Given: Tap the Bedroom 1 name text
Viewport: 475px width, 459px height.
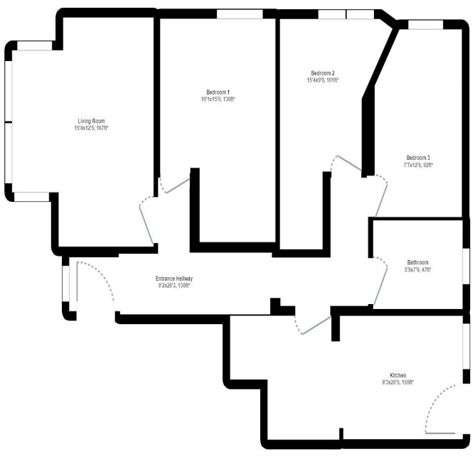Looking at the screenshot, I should tap(218, 92).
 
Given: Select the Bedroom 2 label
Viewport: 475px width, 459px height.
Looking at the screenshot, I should tap(322, 73).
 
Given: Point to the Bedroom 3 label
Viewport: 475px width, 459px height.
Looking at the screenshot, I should tap(418, 158).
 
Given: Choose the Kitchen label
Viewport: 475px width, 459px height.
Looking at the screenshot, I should tap(397, 375).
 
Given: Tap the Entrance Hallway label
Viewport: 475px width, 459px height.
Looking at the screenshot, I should tap(174, 279).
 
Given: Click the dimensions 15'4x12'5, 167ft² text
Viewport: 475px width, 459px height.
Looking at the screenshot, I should tap(92, 129).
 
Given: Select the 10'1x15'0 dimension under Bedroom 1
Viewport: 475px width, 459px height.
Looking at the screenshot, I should tap(218, 99).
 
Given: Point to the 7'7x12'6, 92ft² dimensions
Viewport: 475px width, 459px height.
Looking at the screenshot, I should tap(418, 165).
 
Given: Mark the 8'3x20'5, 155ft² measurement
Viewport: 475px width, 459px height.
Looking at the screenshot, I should tap(397, 382).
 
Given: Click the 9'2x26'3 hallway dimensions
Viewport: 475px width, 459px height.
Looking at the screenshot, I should tap(174, 286).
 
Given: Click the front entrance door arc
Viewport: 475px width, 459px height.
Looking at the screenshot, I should tap(100, 277).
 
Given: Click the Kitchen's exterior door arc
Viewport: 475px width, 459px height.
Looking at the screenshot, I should tap(437, 412).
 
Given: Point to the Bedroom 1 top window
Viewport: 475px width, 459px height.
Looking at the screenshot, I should tap(239, 13).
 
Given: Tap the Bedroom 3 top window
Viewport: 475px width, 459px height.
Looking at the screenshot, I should tap(425, 25).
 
